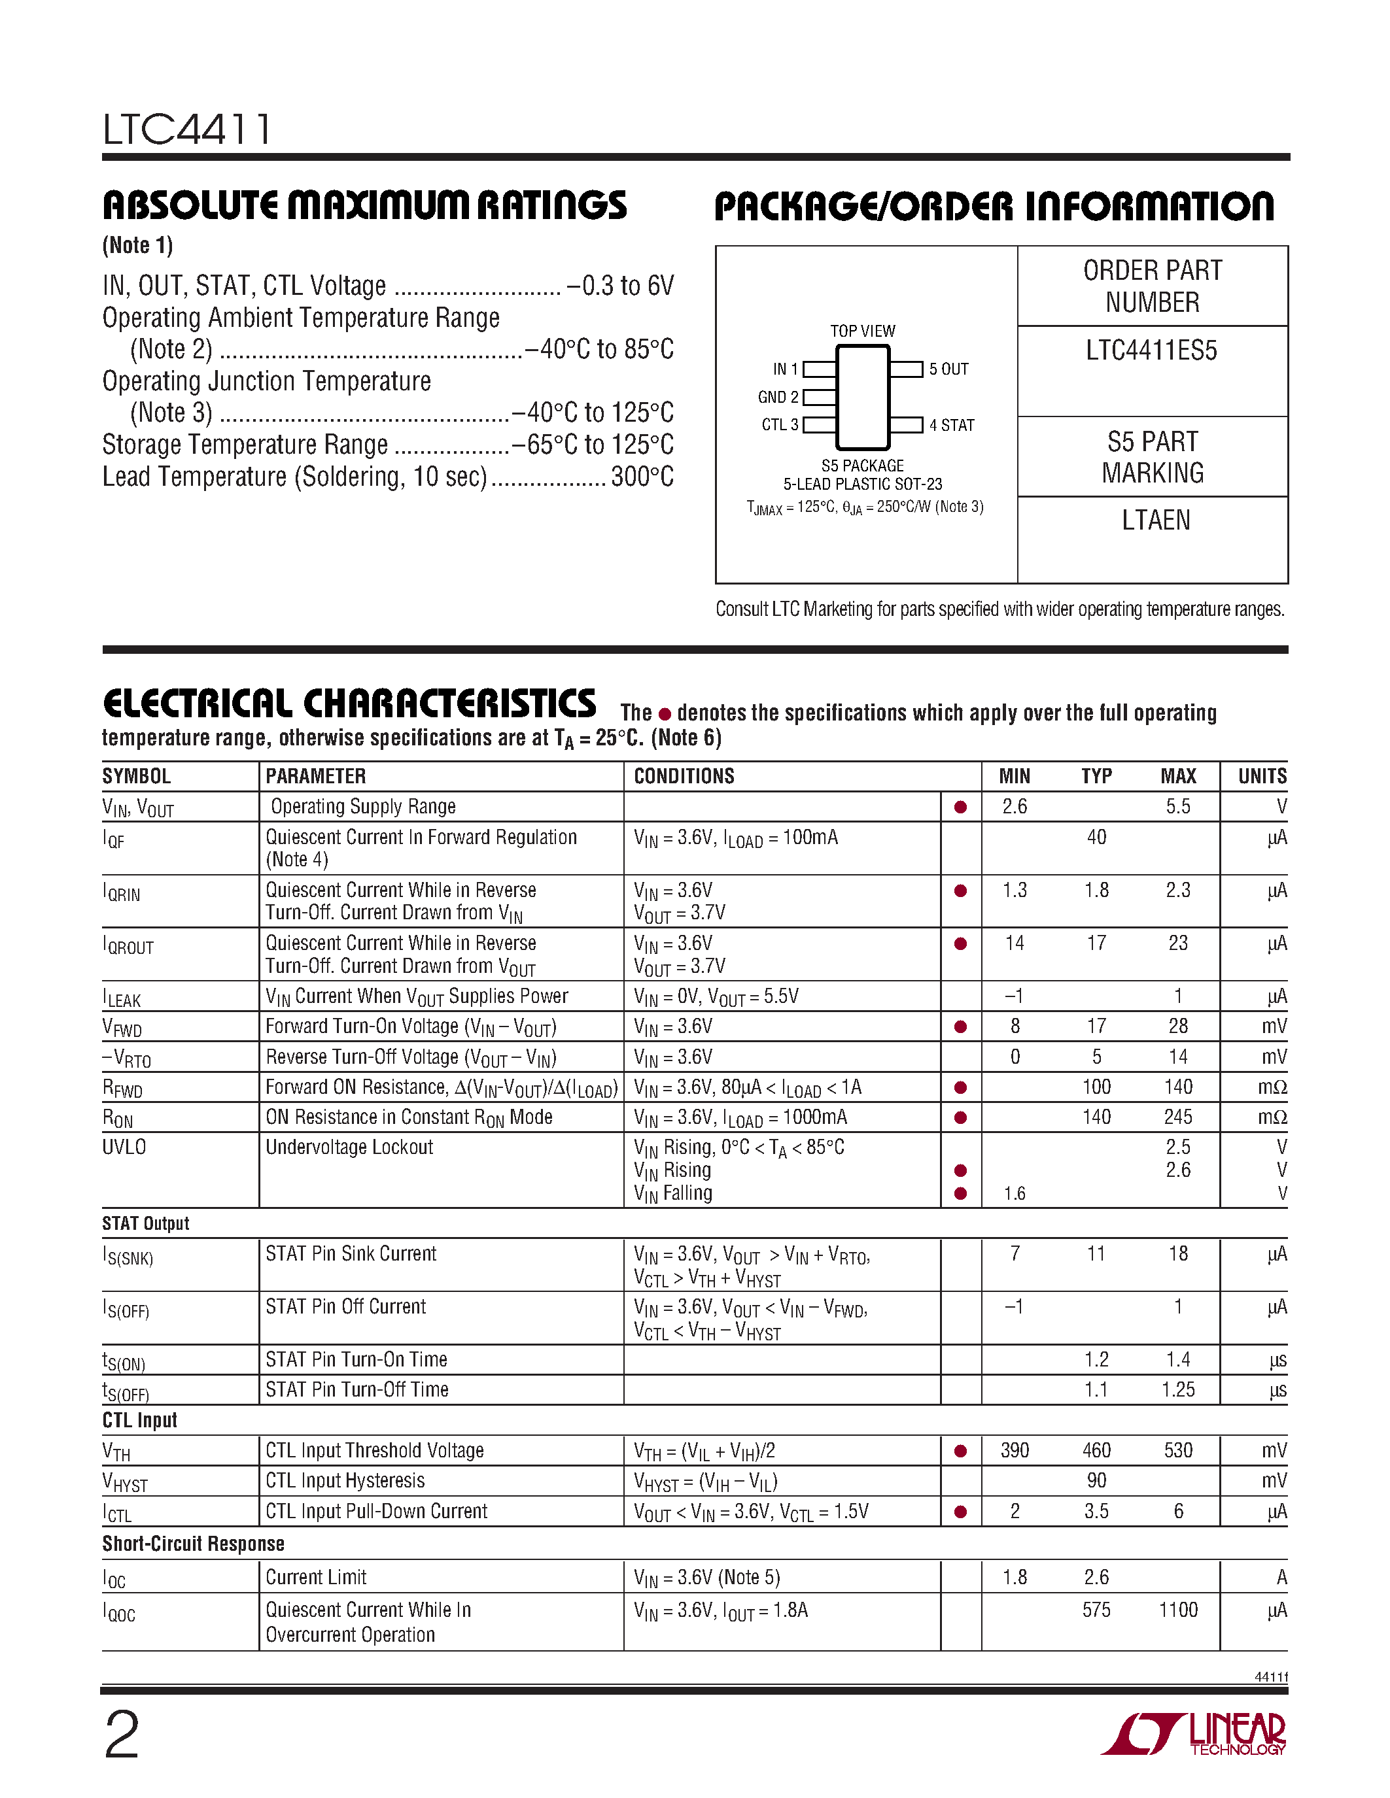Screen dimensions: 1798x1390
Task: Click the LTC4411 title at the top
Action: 187,129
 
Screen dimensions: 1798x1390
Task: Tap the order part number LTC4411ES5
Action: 1151,350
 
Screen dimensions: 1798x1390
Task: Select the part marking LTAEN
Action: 1155,520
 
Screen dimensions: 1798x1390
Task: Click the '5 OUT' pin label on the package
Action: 948,369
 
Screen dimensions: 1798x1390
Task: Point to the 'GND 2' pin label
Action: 777,398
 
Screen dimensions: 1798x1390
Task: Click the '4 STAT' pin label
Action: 951,426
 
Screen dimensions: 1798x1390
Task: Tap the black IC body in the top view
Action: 862,398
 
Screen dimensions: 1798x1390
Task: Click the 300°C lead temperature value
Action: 642,477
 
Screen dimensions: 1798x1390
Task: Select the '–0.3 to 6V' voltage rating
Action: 620,286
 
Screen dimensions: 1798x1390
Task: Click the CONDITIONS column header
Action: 684,776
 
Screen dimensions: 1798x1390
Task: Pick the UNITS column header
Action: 1262,776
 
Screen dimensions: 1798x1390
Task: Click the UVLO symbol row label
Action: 124,1147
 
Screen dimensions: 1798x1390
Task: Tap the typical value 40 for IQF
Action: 1096,838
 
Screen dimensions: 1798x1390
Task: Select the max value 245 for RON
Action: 1177,1117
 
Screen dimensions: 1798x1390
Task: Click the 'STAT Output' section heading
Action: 146,1223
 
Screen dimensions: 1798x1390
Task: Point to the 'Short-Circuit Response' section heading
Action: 194,1544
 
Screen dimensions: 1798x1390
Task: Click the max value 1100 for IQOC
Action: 1177,1610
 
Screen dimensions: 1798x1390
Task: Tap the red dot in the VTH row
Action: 960,1451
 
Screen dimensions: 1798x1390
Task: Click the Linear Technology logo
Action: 1194,1735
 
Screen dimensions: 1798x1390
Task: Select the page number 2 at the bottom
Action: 122,1735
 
